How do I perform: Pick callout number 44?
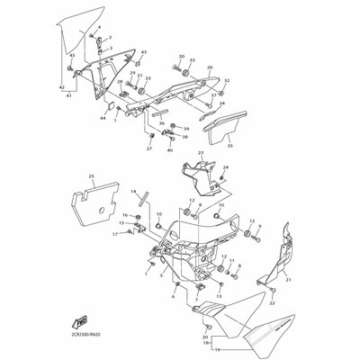[x=103, y=118]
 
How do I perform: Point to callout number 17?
[x=115, y=234]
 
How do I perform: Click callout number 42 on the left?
[x=62, y=87]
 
